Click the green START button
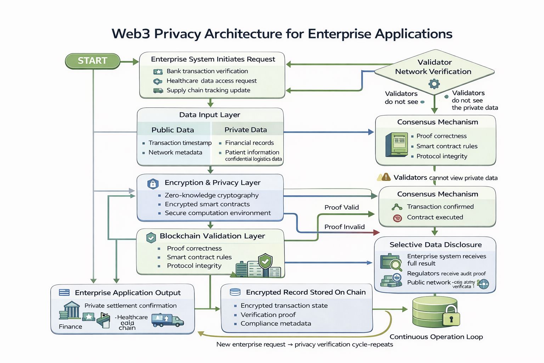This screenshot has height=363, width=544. (92, 61)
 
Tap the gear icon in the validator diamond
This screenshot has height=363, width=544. (434, 84)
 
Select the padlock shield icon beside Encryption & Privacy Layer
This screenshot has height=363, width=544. (153, 184)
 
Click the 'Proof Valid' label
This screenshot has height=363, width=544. (341, 207)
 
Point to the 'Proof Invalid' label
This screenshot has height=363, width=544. (344, 227)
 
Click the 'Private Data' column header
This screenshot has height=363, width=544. (245, 130)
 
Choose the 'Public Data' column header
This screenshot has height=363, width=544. (172, 130)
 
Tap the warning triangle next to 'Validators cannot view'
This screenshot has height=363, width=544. (384, 177)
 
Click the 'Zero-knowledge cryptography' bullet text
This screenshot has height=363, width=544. (211, 195)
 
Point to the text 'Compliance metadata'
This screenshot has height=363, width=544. (276, 324)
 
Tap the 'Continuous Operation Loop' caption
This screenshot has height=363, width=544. (436, 337)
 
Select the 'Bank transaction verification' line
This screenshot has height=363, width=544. (207, 71)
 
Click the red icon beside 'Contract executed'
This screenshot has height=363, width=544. (397, 218)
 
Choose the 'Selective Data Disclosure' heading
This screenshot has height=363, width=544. (435, 245)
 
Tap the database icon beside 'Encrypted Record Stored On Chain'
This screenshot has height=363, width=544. (235, 292)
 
